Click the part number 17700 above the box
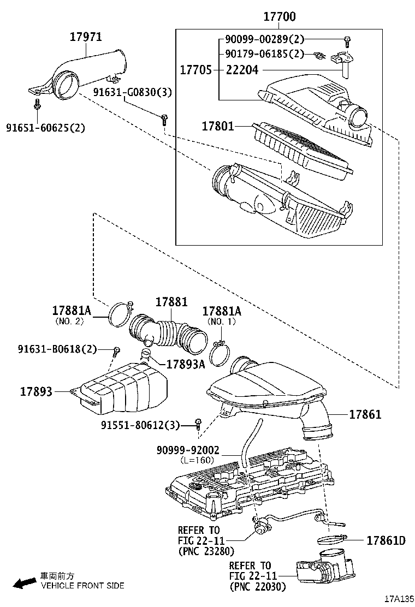[x=280, y=17]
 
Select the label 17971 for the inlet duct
[x=86, y=37]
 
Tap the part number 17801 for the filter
[x=218, y=126]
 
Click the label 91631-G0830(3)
[x=132, y=92]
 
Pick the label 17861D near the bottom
[x=386, y=540]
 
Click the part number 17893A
[x=185, y=364]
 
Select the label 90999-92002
[x=188, y=450]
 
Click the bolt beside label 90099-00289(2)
[x=347, y=40]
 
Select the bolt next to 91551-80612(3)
[x=199, y=424]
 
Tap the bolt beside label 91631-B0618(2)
[x=116, y=350]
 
